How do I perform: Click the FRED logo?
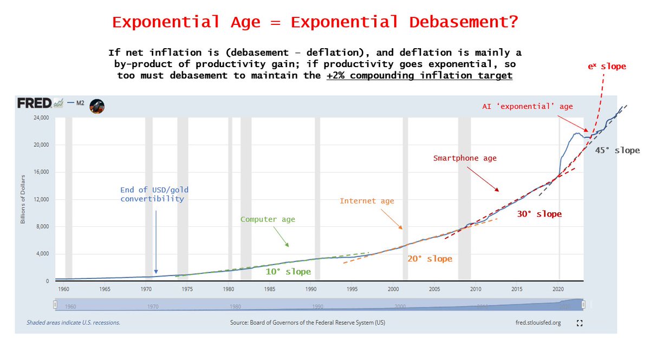pos(34,103)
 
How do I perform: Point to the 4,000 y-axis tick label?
pos(42,253)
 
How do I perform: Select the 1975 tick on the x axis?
pos(187,289)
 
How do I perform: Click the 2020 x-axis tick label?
pos(558,289)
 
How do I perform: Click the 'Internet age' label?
pos(367,201)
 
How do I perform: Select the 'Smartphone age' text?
pos(465,159)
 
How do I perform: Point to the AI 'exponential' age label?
pos(528,107)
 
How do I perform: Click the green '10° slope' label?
pos(288,271)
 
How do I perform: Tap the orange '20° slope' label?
pos(430,259)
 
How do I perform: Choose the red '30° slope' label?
pos(539,214)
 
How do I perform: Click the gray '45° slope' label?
pos(617,150)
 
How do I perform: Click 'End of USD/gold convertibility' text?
pos(155,194)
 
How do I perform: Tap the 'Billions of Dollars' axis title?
pos(23,199)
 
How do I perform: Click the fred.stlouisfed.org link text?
pos(538,323)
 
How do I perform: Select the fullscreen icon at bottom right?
pos(580,323)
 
